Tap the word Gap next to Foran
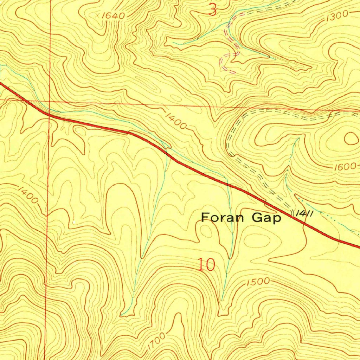pos(266,218)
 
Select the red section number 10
pos(206,265)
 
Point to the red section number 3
pos(212,10)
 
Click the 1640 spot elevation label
pos(114,16)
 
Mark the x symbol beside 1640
pos(98,15)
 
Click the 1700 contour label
pos(156,341)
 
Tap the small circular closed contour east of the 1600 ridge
pos(351,139)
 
